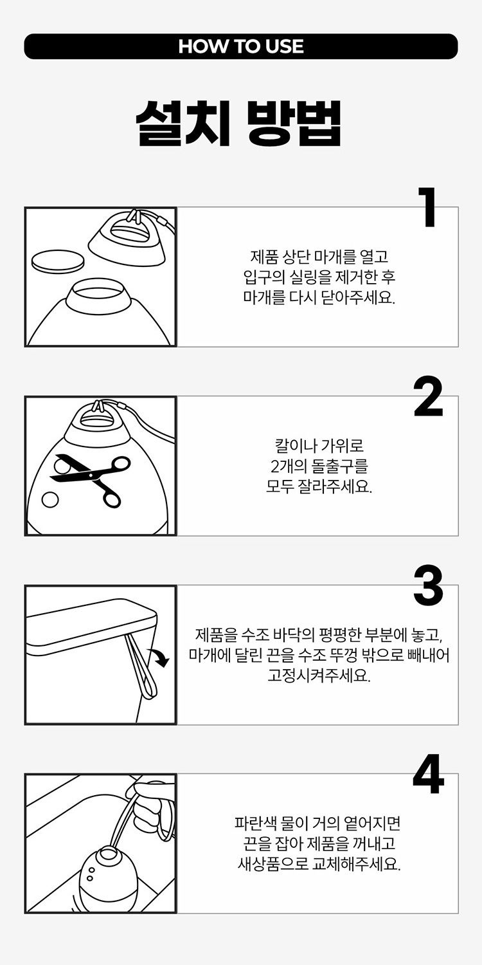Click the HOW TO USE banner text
[x=241, y=46]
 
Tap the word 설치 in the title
[x=183, y=124]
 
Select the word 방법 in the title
[x=295, y=124]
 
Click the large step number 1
[x=428, y=207]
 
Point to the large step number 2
[x=428, y=397]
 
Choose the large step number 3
[x=428, y=586]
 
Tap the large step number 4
[x=428, y=775]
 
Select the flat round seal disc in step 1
[x=58, y=260]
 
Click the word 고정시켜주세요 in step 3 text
[x=319, y=675]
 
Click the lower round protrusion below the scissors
[x=50, y=499]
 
